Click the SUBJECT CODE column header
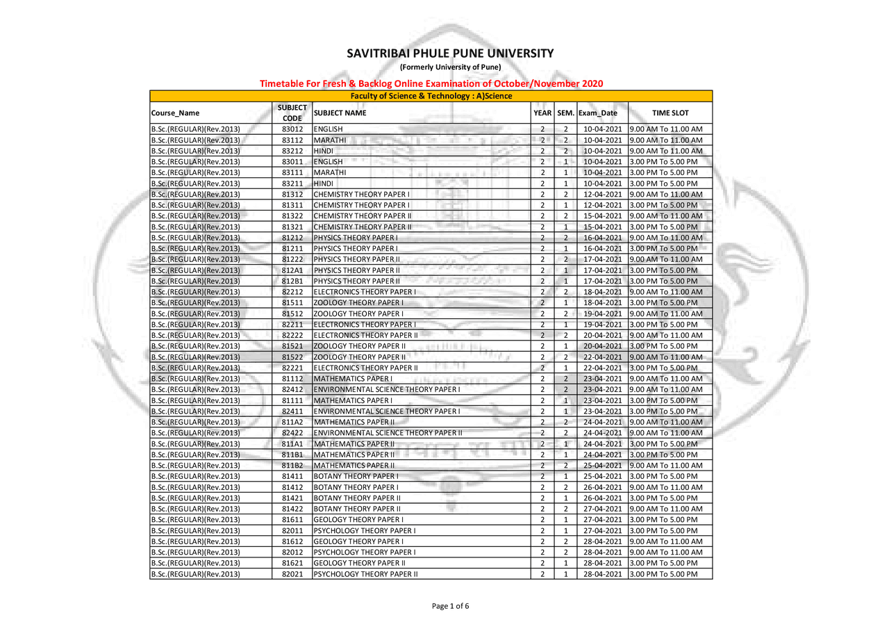click(x=292, y=113)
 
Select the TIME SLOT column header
click(x=670, y=113)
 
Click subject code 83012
click(x=292, y=129)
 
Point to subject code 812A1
click(x=292, y=270)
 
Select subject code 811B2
click(x=292, y=466)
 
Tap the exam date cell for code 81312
click(x=601, y=195)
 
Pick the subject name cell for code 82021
click(x=366, y=574)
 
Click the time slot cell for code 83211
click(x=670, y=183)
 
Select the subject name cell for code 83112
click(x=330, y=140)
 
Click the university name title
click(x=450, y=54)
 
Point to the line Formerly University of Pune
click(x=450, y=67)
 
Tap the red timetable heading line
click(x=431, y=83)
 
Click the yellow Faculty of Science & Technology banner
click(x=431, y=96)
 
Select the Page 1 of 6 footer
click(x=450, y=606)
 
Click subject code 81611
click(x=292, y=520)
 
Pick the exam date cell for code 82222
click(x=601, y=336)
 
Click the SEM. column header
click(x=565, y=113)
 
